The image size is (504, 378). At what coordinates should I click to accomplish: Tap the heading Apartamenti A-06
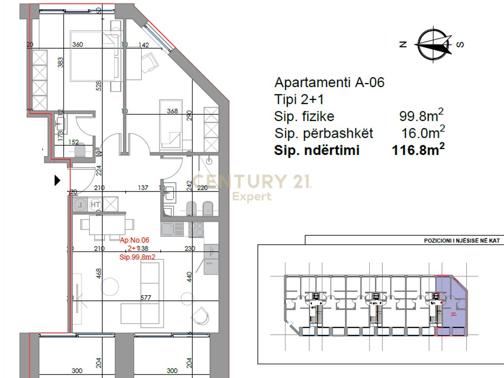329,82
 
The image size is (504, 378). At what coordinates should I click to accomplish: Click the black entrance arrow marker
57,181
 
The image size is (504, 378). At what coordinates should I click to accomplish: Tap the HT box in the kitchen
95,204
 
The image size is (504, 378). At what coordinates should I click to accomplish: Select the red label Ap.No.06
135,240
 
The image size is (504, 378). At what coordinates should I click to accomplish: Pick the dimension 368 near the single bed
172,111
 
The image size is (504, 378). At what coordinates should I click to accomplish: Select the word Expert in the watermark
252,197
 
